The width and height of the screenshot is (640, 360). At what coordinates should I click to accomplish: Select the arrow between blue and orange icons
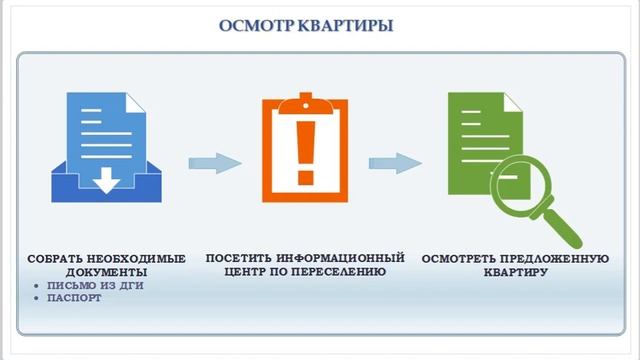click(215, 162)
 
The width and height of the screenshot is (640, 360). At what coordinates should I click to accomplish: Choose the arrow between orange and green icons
click(394, 162)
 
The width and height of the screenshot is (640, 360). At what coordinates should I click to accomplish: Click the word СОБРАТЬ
click(55, 259)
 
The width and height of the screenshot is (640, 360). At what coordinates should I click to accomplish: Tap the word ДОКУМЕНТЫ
click(105, 272)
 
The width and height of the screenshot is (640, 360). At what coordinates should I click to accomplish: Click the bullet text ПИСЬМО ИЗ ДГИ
click(91, 285)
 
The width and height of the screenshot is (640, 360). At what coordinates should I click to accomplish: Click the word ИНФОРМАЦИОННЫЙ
click(340, 258)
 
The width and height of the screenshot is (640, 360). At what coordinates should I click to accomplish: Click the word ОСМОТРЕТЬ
click(463, 259)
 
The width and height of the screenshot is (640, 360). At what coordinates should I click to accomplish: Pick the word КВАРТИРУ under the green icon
click(515, 272)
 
